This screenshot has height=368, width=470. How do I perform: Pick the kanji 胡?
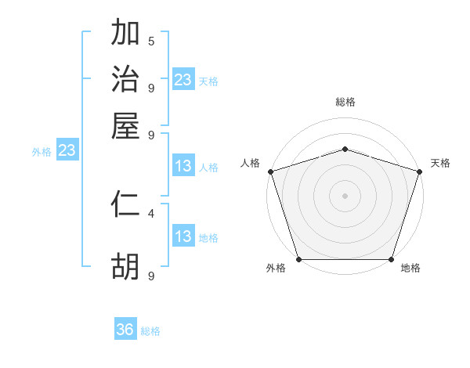(125, 267)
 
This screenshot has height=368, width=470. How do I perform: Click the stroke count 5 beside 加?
(151, 41)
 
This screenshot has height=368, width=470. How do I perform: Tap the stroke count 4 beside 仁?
(151, 212)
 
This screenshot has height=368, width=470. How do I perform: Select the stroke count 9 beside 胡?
(151, 276)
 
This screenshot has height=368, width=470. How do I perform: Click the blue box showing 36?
(125, 330)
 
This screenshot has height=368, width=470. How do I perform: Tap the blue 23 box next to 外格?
(67, 151)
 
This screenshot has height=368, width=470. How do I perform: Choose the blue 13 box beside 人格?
(183, 166)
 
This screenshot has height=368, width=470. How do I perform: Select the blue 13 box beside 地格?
(183, 236)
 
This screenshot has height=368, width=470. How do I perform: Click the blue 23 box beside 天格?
(183, 80)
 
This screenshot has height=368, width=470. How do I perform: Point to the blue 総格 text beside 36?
(150, 331)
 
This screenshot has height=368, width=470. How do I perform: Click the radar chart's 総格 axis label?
(345, 102)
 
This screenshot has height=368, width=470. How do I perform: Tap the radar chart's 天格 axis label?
(441, 163)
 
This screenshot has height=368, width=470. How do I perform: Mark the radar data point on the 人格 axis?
(270, 171)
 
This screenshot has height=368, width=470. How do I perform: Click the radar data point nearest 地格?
(392, 259)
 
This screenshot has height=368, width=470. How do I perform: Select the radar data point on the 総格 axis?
(345, 149)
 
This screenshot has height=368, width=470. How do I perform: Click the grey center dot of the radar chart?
(345, 195)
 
